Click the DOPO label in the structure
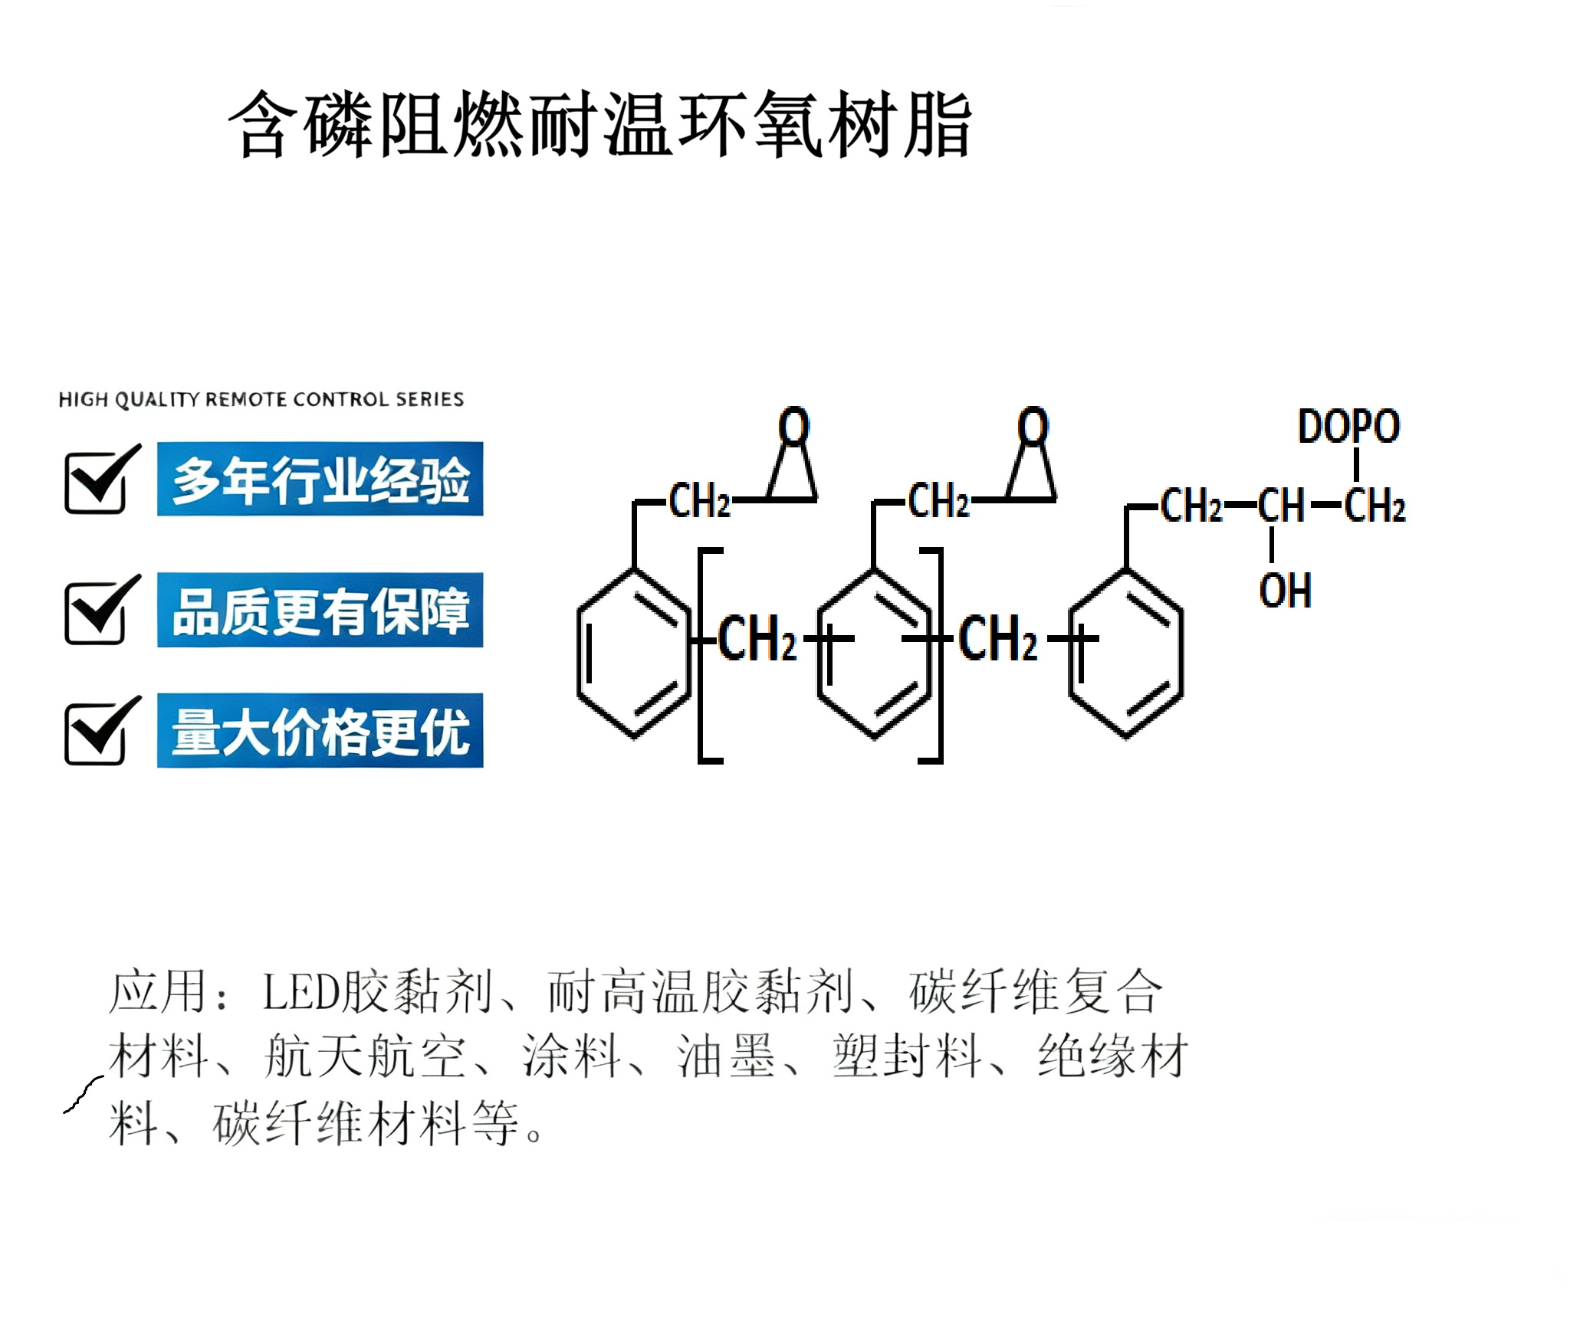click(1348, 427)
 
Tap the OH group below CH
click(1285, 591)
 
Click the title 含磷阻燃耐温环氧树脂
click(599, 125)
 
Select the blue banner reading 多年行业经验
click(320, 479)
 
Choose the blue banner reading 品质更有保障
click(320, 610)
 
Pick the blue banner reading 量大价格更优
click(320, 731)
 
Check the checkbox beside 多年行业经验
click(97, 482)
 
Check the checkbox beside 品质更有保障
click(97, 612)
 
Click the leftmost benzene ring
click(634, 653)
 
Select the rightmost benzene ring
click(1125, 653)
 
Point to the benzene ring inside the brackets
click(874, 653)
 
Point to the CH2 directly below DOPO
click(1374, 506)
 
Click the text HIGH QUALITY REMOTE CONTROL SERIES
click(261, 399)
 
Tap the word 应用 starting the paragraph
click(158, 992)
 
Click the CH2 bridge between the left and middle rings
click(757, 638)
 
